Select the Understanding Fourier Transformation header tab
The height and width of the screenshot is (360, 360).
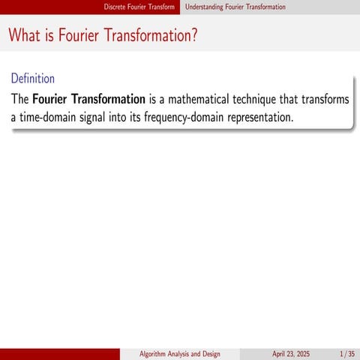click(235, 7)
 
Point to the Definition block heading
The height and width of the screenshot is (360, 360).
click(33, 78)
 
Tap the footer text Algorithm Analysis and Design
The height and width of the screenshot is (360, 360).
click(180, 353)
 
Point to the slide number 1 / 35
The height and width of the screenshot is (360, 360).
click(346, 353)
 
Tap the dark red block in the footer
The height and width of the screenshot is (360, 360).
click(60, 353)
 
